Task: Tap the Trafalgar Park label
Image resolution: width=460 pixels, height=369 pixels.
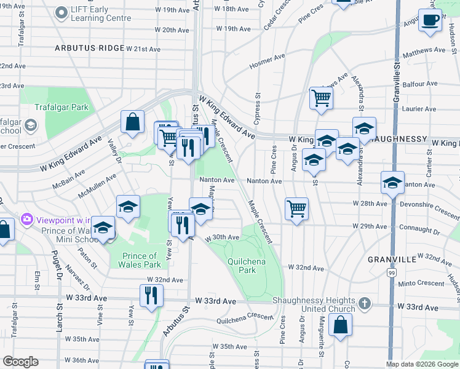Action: [61, 107]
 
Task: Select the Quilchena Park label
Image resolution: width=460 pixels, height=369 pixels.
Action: [242, 266]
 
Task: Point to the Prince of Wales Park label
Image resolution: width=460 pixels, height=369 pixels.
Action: [140, 260]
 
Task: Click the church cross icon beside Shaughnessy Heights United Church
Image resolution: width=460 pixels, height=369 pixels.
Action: [365, 304]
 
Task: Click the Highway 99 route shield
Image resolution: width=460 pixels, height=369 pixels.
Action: [392, 272]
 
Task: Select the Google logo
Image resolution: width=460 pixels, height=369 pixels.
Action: [20, 362]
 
